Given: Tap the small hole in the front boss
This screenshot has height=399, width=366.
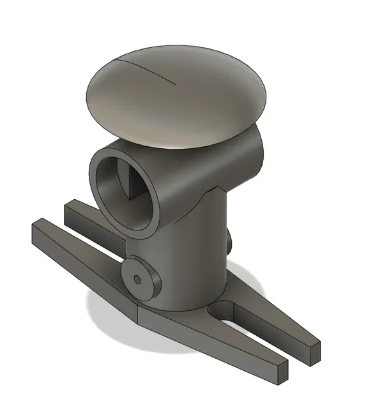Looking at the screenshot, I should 138,279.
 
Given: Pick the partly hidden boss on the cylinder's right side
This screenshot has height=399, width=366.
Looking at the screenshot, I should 229,239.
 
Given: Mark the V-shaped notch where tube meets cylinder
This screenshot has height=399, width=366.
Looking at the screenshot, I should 217,188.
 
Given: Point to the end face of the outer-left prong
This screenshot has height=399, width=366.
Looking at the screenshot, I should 38,232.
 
